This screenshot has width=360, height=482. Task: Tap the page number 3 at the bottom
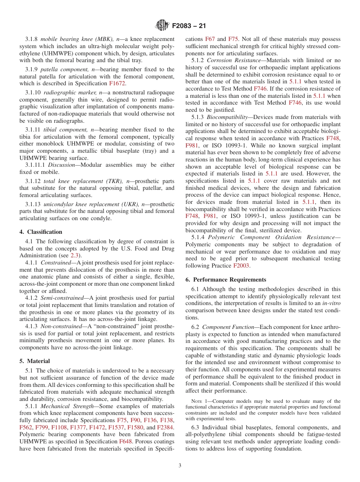[180, 465]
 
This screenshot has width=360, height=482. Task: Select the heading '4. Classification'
[41, 232]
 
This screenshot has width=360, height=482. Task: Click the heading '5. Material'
[34, 361]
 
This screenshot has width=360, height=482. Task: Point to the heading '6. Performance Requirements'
[226, 279]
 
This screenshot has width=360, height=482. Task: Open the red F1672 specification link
[117, 83]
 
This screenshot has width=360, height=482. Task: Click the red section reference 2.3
[75, 255]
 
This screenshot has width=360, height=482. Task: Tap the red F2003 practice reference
[241, 266]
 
